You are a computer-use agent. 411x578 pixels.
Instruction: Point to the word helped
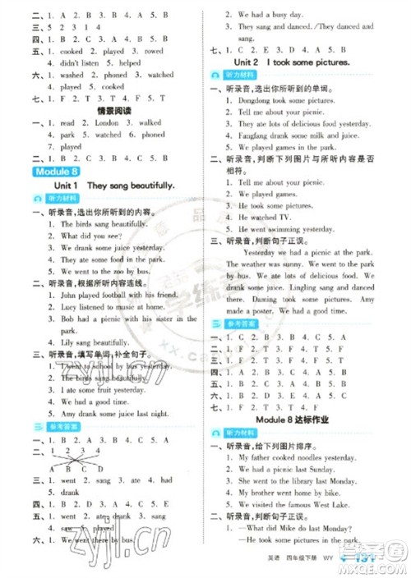click(130, 62)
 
